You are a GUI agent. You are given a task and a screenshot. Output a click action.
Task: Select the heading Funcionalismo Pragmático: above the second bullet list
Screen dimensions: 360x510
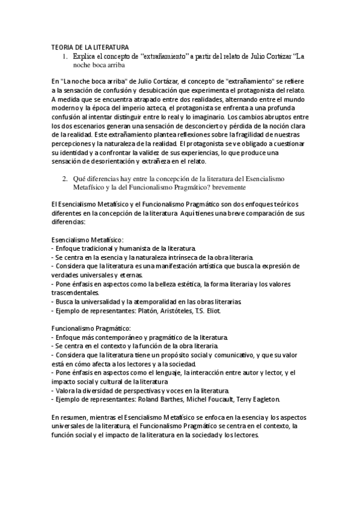pyautogui.click(x=90, y=328)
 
